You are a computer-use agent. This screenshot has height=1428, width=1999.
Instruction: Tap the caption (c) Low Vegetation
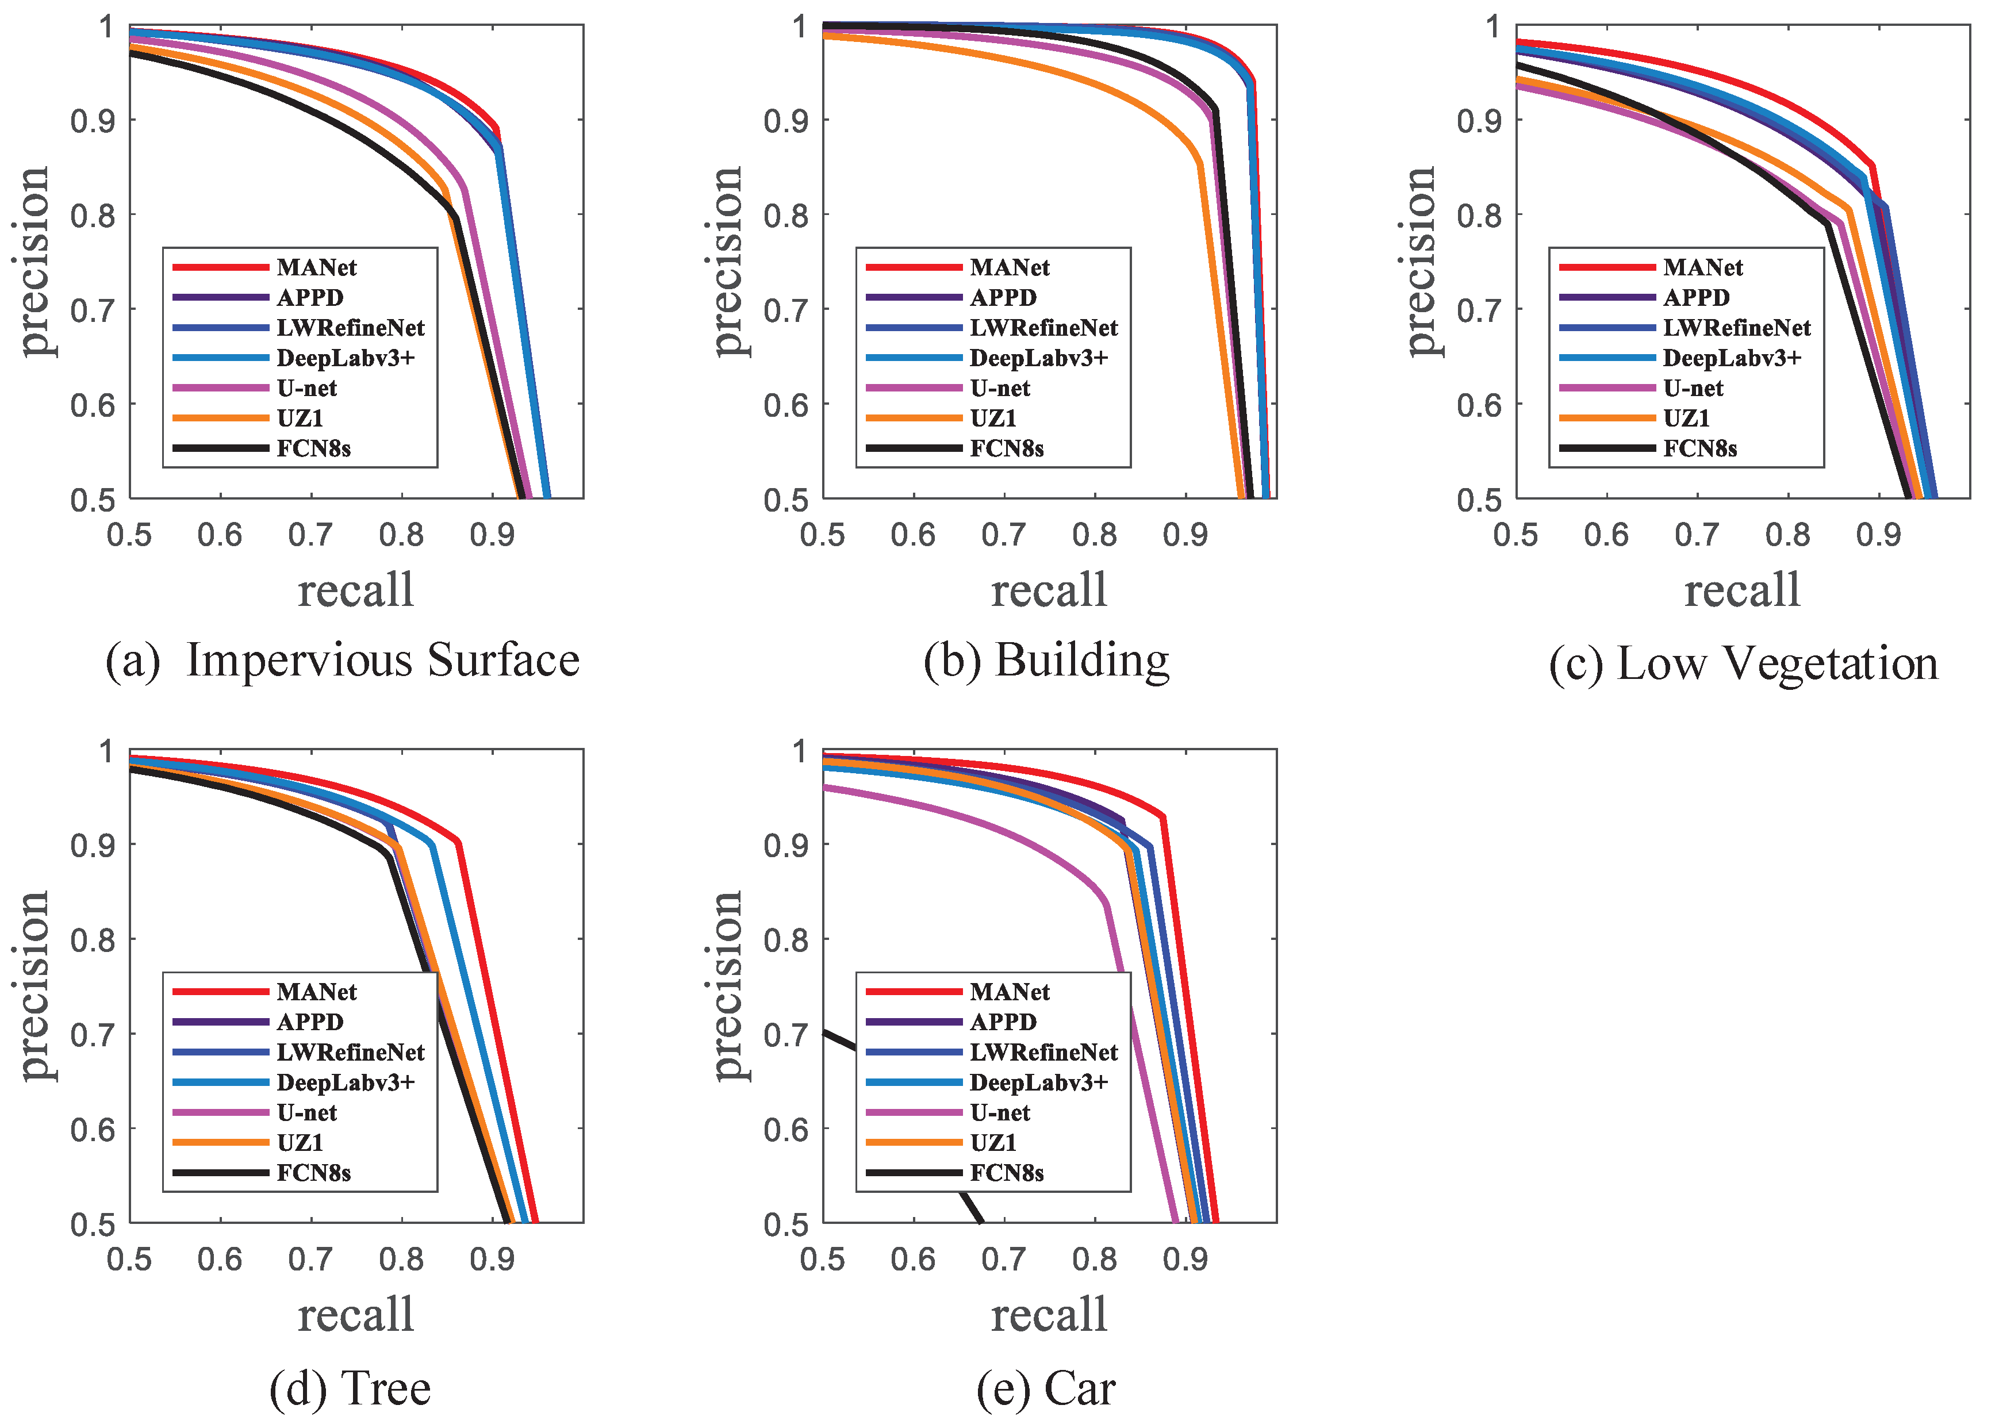(x=1743, y=662)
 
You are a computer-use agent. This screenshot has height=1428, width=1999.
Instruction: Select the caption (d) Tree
(x=350, y=1388)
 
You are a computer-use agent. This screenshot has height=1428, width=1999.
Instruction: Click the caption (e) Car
(x=1046, y=1388)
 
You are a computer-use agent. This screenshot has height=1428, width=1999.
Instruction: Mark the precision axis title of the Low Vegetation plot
(x=1419, y=261)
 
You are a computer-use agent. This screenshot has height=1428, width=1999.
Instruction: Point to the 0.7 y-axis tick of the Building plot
(x=785, y=309)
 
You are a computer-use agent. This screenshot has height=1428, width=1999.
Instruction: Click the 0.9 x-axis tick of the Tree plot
(x=493, y=1259)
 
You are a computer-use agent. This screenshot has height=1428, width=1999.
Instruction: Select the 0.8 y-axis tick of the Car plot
(x=785, y=940)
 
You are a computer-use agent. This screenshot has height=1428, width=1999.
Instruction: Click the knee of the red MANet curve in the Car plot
(x=1164, y=817)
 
